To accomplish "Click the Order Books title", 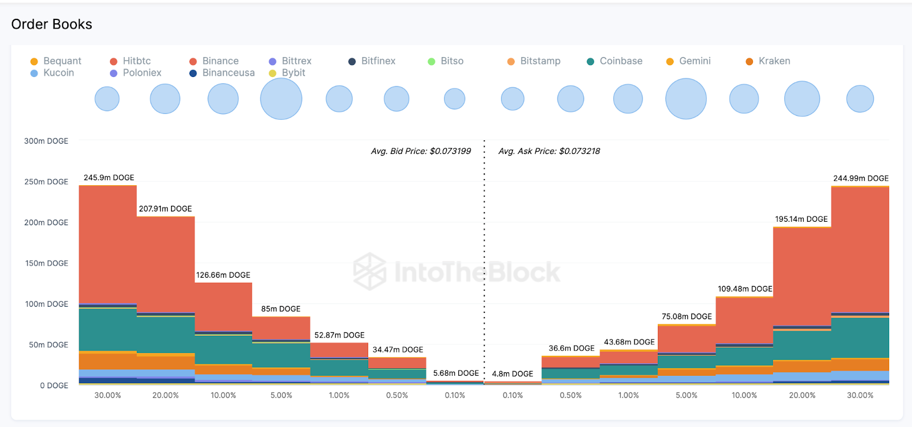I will click(x=51, y=24).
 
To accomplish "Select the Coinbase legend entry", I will click(x=620, y=61).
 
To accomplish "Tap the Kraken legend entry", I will click(x=773, y=61).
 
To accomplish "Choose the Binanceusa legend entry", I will click(x=228, y=73).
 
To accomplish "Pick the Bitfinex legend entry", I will click(x=377, y=61).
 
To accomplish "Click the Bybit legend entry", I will click(x=293, y=73).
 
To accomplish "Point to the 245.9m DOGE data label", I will click(x=109, y=178).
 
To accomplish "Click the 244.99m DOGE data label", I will click(x=861, y=178).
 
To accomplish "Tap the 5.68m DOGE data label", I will click(x=456, y=373).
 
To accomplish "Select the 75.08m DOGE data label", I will click(x=686, y=316).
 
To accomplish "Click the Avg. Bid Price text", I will click(x=421, y=151).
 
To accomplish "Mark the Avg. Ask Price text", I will click(x=549, y=151).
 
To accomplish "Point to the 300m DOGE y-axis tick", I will click(x=46, y=141).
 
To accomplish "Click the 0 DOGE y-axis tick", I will click(x=54, y=385).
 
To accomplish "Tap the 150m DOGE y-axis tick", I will click(x=47, y=263).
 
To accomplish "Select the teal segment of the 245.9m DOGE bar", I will click(x=108, y=329).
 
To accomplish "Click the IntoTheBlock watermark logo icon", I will click(x=369, y=271).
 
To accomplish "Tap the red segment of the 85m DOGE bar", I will click(x=281, y=328).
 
